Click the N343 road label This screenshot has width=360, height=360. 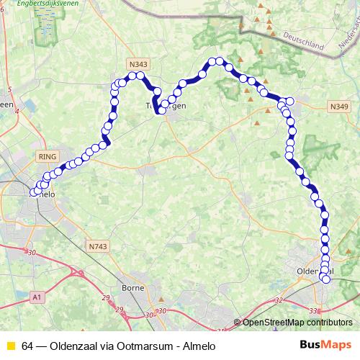138,65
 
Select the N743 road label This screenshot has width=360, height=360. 99,246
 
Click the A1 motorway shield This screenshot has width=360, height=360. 37,296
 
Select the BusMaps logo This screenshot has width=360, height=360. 325,344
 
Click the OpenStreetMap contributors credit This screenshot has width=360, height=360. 298,323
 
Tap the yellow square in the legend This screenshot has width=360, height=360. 9,345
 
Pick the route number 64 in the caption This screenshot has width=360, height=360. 27,345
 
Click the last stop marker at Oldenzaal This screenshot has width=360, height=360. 326,279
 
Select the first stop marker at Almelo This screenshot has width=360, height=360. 32,192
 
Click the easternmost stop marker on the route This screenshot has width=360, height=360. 291,102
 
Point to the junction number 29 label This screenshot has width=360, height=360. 106,297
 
